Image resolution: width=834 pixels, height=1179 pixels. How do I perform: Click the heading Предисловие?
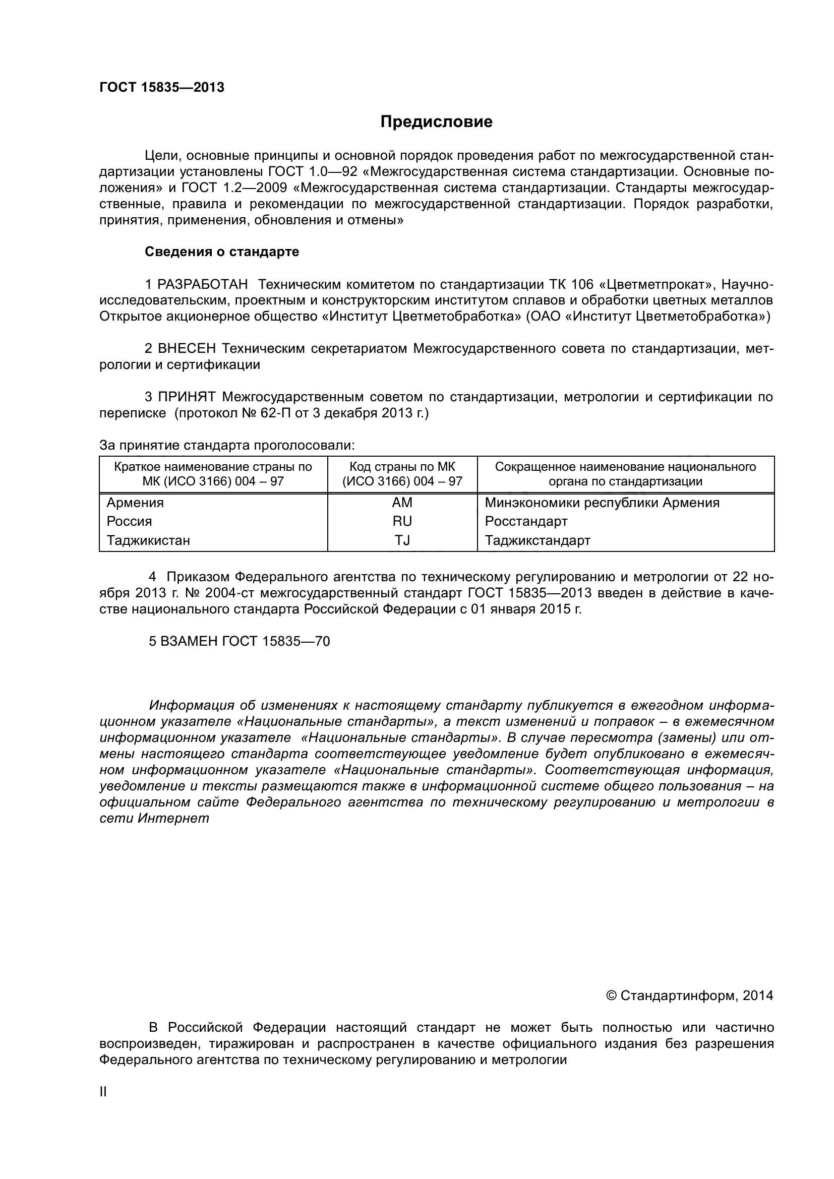pyautogui.click(x=436, y=121)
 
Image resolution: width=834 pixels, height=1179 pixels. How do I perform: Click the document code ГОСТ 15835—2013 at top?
pyautogui.click(x=162, y=88)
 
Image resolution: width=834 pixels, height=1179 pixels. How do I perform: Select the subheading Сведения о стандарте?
pyautogui.click(x=222, y=252)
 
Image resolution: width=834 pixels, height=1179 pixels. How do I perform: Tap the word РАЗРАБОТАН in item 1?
pyautogui.click(x=202, y=284)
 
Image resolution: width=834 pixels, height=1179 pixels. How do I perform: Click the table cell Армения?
pyautogui.click(x=135, y=503)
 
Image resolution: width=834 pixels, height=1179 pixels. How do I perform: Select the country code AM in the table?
pyautogui.click(x=402, y=503)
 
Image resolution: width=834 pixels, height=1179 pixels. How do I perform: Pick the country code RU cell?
pyautogui.click(x=402, y=522)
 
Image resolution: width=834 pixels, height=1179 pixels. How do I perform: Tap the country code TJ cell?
pyautogui.click(x=402, y=541)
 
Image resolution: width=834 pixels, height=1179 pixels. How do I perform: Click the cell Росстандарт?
pyautogui.click(x=526, y=522)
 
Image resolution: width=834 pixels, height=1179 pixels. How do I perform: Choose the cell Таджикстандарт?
pyautogui.click(x=538, y=541)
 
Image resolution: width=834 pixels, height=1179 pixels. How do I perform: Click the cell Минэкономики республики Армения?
pyautogui.click(x=602, y=503)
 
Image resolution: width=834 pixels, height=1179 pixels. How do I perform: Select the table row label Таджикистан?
pyautogui.click(x=148, y=541)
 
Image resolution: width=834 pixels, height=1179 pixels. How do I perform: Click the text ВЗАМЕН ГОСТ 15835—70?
pyautogui.click(x=240, y=641)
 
